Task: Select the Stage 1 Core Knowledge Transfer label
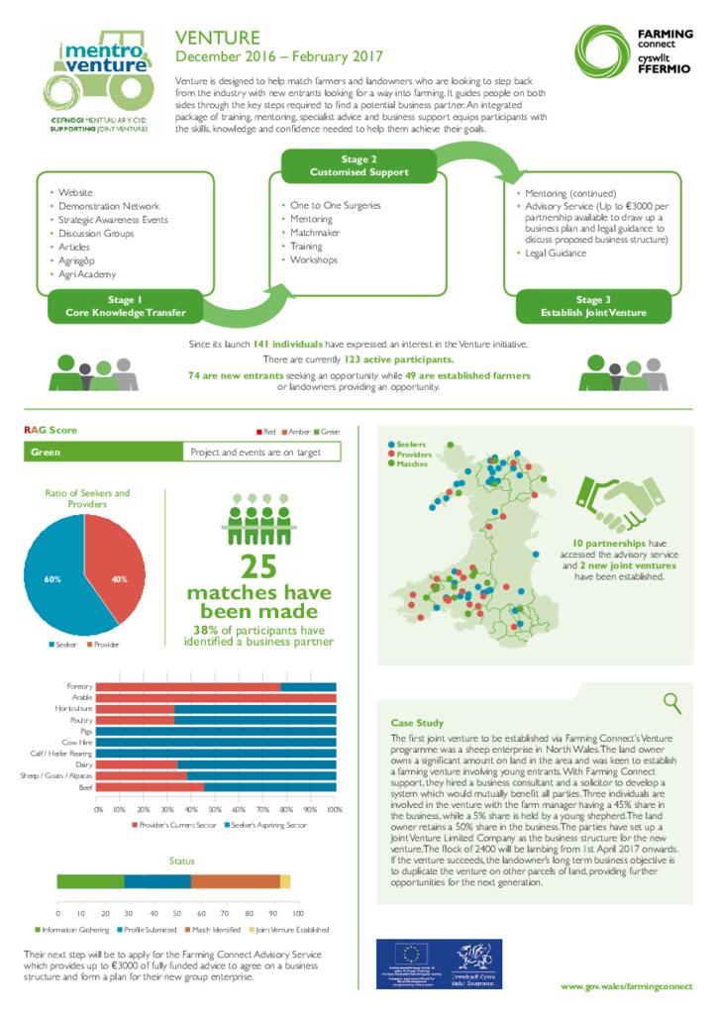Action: [126, 306]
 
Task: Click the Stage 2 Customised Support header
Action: [358, 165]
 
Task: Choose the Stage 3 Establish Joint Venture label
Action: [593, 306]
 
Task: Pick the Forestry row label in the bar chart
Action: [78, 686]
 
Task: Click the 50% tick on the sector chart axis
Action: [217, 809]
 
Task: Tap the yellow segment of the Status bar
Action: [285, 881]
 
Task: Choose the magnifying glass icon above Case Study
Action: [672, 703]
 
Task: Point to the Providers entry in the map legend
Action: [413, 454]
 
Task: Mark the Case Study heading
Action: [417, 724]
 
